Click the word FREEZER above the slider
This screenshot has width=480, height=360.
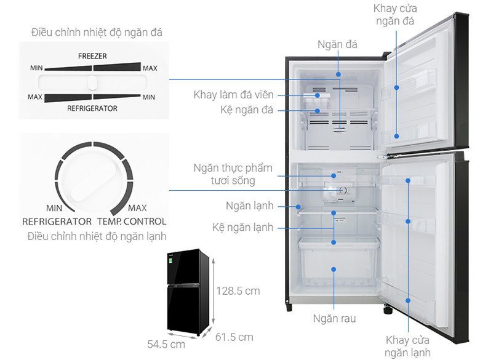coord(92,56)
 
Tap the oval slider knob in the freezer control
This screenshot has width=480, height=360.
coord(92,82)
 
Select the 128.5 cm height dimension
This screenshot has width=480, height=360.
coord(238,290)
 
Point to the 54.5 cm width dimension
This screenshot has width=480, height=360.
coord(166,344)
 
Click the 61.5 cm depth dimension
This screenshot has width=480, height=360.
coord(234,337)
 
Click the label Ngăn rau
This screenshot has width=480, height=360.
coord(334,319)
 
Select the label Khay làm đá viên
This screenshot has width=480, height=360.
coord(233,95)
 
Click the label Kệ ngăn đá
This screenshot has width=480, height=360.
coord(247,110)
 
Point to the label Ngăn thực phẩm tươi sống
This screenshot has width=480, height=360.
coord(233,174)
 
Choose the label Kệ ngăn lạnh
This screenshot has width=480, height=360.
coord(242,228)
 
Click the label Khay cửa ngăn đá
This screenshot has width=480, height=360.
coord(395,15)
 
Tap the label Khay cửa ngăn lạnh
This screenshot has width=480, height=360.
coord(407,346)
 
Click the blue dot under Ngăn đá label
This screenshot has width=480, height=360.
coord(338,74)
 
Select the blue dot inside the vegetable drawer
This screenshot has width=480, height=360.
coord(334,270)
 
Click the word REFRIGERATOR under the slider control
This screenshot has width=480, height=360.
coord(92,108)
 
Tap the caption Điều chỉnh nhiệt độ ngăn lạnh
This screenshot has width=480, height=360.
coord(97,236)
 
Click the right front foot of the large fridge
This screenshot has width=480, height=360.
coord(388,310)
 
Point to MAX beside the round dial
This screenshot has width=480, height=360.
coord(137,208)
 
